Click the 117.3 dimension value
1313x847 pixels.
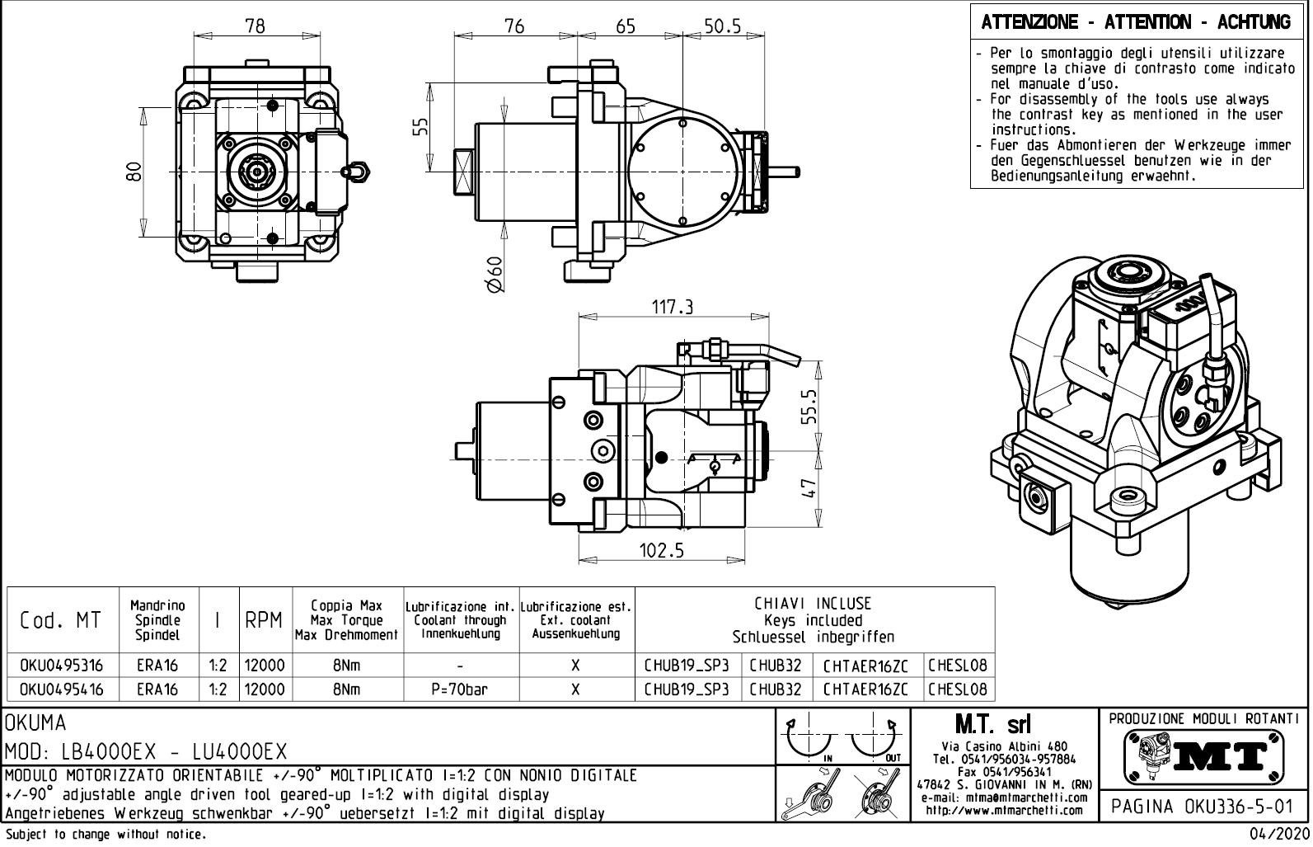(x=672, y=307)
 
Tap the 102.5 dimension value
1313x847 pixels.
(x=662, y=550)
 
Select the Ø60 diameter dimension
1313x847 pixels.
(x=494, y=274)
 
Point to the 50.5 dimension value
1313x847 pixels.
(x=722, y=26)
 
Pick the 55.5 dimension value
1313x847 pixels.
(x=809, y=405)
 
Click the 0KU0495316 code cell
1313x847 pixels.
(x=62, y=666)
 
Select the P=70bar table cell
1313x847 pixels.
(x=461, y=689)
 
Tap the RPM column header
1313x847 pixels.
(x=264, y=620)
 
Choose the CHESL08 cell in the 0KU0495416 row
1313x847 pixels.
(x=958, y=689)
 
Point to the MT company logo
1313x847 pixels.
(x=1203, y=754)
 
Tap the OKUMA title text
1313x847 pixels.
(x=36, y=723)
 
